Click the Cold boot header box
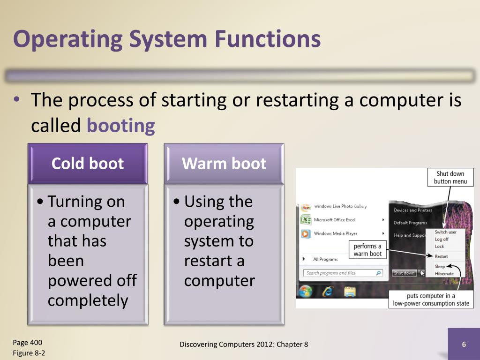(88, 164)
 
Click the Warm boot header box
(224, 164)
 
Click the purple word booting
(121, 126)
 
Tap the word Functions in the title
(268, 39)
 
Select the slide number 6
(464, 345)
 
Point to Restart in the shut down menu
(441, 256)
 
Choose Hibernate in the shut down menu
(444, 274)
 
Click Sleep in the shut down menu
(440, 267)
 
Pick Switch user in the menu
(445, 232)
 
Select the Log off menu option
(442, 239)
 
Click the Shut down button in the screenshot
(404, 273)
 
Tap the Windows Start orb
(305, 292)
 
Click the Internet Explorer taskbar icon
(327, 292)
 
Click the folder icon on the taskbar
(350, 292)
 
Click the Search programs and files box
(343, 273)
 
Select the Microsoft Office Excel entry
(334, 220)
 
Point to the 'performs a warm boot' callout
(367, 250)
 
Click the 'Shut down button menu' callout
(450, 178)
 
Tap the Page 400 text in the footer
(28, 342)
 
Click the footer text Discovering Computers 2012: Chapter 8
(244, 345)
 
